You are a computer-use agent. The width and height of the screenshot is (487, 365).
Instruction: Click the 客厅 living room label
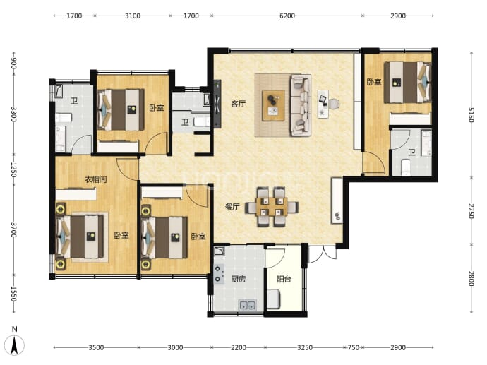[239, 104]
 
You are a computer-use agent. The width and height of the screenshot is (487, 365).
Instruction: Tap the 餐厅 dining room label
[232, 207]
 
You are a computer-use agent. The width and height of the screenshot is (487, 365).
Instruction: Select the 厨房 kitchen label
[239, 279]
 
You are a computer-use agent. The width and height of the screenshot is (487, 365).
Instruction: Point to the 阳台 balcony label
[284, 279]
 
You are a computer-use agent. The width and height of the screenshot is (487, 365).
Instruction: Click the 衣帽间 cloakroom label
[96, 179]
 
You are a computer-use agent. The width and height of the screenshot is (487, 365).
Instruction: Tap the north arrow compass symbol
[14, 342]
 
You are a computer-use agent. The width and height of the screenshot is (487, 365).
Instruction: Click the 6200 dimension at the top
[287, 16]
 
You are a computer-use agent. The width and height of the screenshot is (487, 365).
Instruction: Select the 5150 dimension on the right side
[471, 114]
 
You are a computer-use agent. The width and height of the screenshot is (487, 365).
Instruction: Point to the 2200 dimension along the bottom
[239, 347]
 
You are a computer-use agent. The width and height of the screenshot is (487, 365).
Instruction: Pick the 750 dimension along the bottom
[353, 347]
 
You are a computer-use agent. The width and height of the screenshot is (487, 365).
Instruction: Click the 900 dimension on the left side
[13, 64]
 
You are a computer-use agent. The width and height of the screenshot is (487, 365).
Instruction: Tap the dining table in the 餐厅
[272, 207]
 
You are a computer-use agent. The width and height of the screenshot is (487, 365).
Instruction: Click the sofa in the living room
[301, 105]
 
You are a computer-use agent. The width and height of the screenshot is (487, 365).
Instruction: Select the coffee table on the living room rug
[274, 106]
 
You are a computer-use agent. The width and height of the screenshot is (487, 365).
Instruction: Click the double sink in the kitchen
[247, 306]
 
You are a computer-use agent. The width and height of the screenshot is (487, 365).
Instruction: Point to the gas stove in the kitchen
[219, 274]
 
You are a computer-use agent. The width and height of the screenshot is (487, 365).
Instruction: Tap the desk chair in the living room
[334, 104]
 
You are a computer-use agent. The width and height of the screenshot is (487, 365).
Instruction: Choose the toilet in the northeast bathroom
[405, 167]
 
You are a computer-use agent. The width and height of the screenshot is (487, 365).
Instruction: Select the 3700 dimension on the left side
[13, 230]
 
